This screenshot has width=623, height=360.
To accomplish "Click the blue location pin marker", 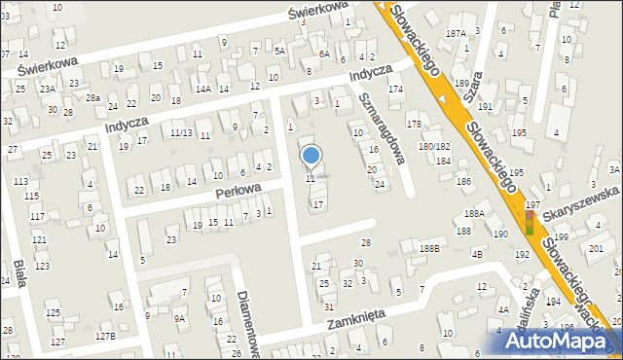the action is pyautogui.click(x=311, y=156).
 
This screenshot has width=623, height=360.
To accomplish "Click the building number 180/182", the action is pyautogui.click(x=434, y=146).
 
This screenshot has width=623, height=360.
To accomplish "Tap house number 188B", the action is pyautogui.click(x=429, y=249).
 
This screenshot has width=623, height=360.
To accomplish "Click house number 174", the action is pyautogui.click(x=395, y=90).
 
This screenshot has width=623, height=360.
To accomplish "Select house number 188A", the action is pyautogui.click(x=474, y=214).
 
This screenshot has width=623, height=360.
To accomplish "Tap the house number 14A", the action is pyautogui.click(x=202, y=89).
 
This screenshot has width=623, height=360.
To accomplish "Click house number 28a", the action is pyautogui.click(x=92, y=98).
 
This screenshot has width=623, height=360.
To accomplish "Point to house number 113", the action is pyautogui.click(x=20, y=181).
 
